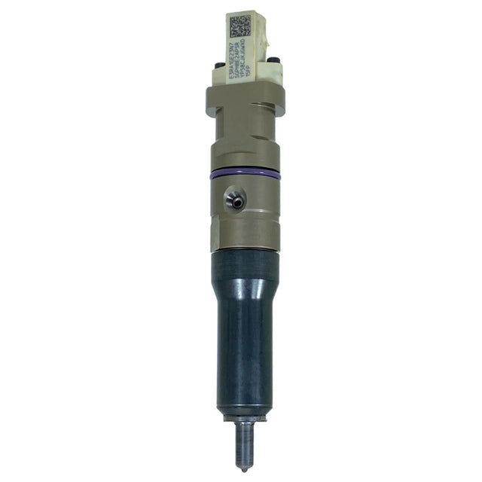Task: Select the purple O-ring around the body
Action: tap(246, 174)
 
